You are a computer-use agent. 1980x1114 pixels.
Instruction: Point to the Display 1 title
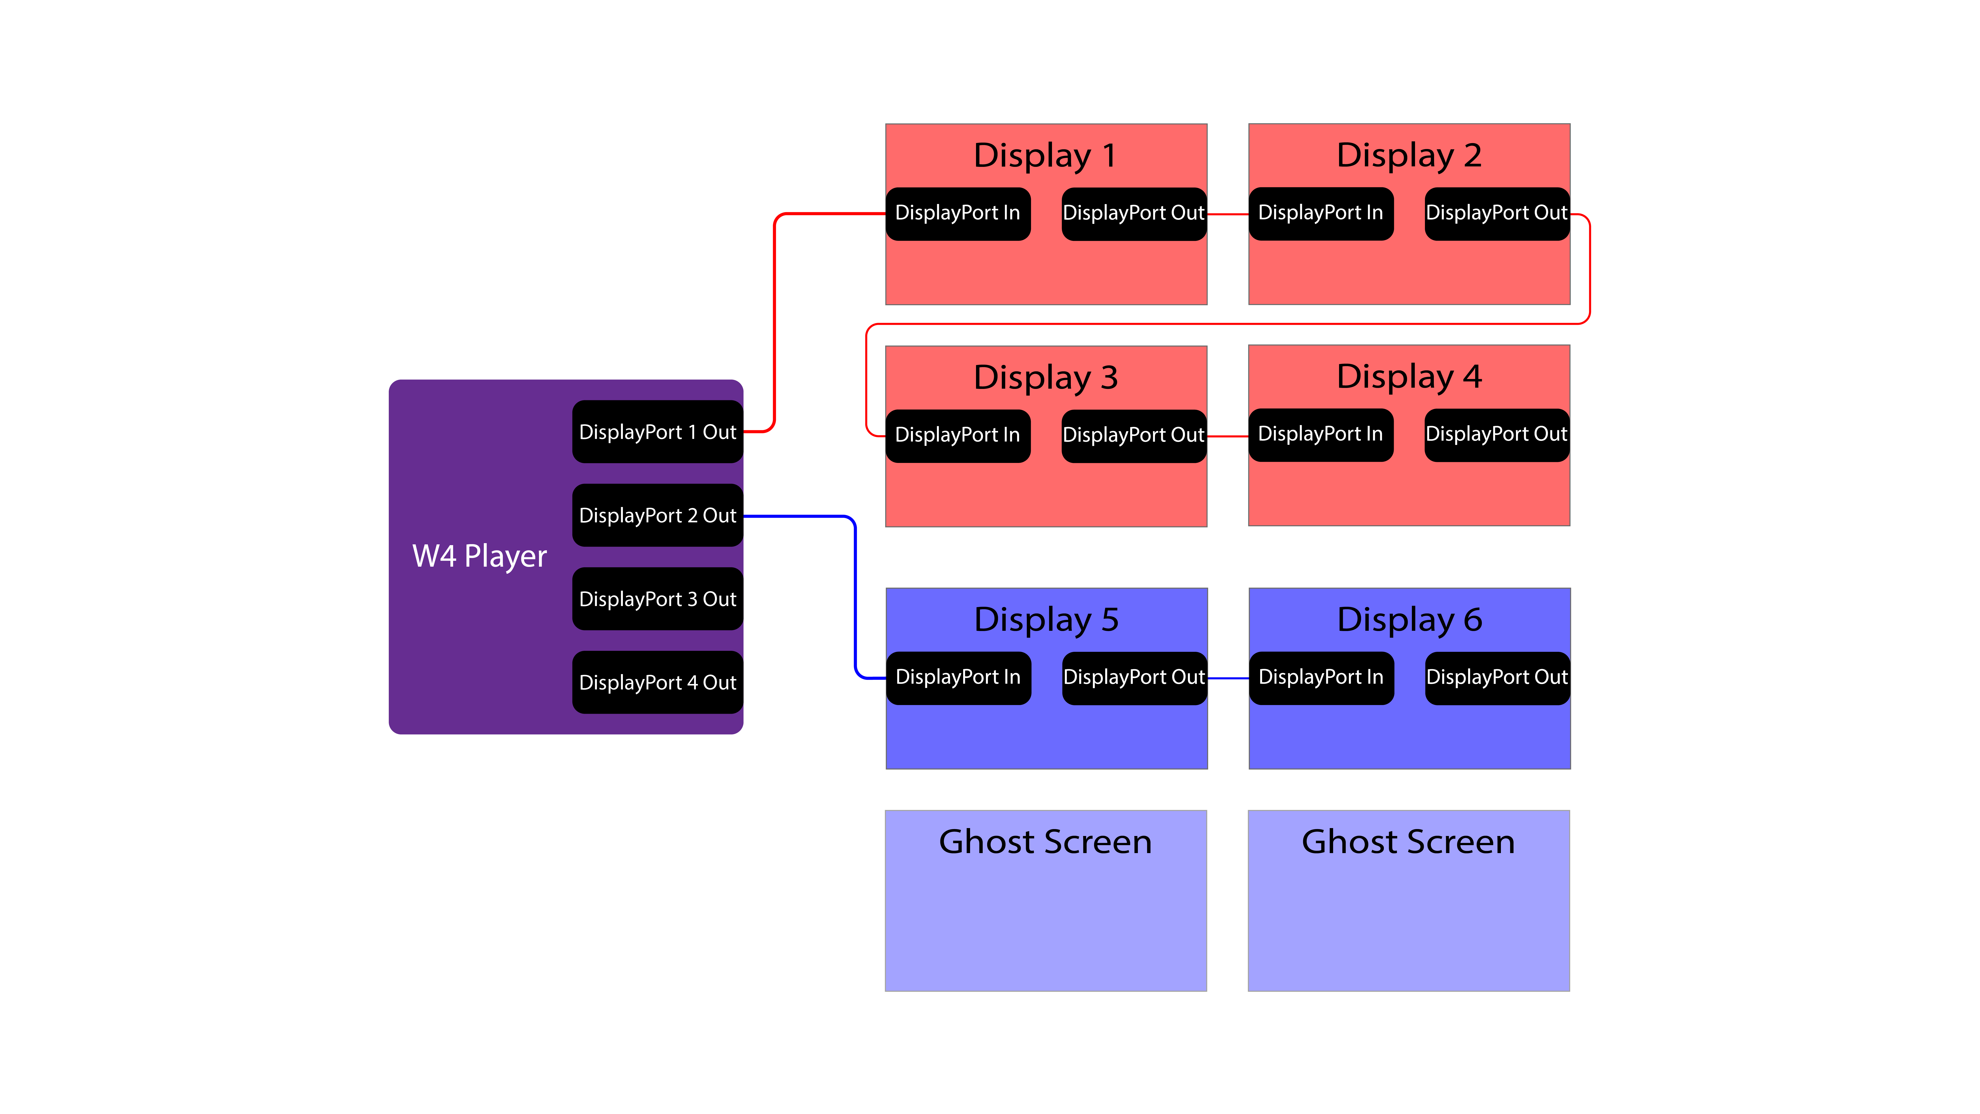tap(1045, 155)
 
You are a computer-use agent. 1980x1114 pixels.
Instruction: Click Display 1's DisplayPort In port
tap(958, 214)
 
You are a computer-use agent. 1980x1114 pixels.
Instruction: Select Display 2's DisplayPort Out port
tap(1496, 214)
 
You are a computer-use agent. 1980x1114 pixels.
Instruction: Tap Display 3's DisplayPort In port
tap(958, 436)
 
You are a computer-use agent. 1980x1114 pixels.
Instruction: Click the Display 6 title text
tap(1410, 620)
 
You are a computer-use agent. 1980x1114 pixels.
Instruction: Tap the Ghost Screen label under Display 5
tap(1045, 842)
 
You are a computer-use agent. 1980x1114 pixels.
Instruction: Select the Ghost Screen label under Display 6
tap(1408, 842)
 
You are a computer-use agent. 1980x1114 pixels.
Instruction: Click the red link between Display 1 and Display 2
tap(1227, 214)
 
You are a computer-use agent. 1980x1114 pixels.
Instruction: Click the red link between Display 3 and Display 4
tap(1227, 436)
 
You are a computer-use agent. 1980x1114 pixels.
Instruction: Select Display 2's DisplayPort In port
tap(1320, 214)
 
